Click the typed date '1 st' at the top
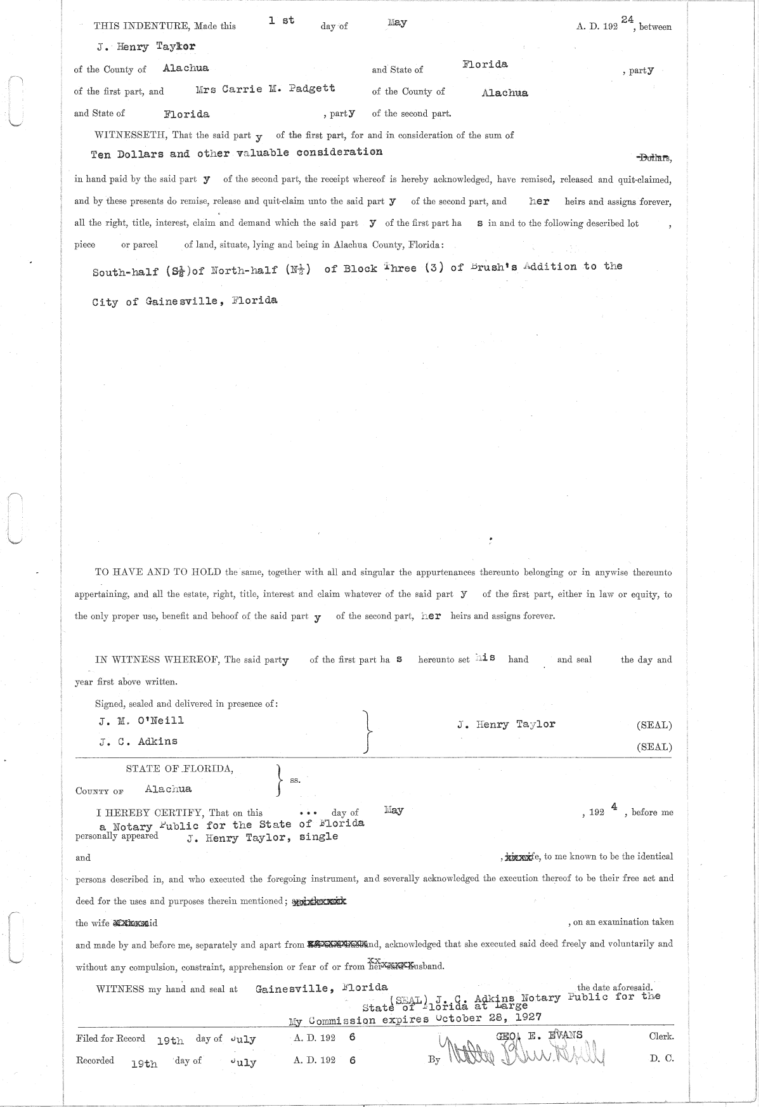pyautogui.click(x=281, y=21)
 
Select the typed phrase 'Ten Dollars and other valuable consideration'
pyautogui.click(x=237, y=154)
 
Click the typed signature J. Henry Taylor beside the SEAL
pyautogui.click(x=506, y=724)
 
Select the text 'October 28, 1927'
pyautogui.click(x=488, y=1016)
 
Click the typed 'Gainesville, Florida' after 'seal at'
pyautogui.click(x=322, y=988)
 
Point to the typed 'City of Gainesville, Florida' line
pyautogui.click(x=185, y=301)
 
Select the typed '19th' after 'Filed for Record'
pyautogui.click(x=170, y=1040)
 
